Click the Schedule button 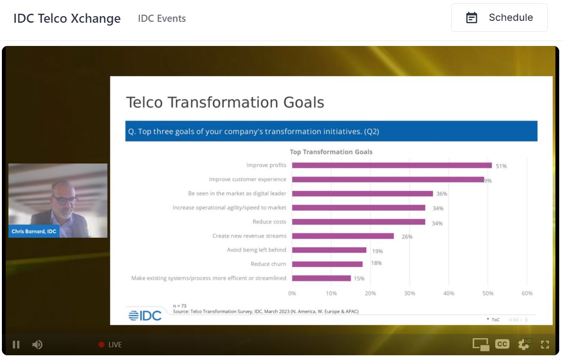tap(499, 18)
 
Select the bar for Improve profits tap(391, 165)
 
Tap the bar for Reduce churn tap(327, 264)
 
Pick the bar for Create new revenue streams tap(343, 236)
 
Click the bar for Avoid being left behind tap(329, 250)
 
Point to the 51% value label tap(501, 166)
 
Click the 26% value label tap(407, 237)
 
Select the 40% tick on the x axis tap(448, 294)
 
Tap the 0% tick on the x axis tap(292, 294)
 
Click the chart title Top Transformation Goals tap(331, 152)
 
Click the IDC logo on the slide tap(145, 315)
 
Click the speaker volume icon tap(37, 344)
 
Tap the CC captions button tap(502, 344)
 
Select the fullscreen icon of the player tap(545, 344)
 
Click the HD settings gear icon tap(524, 344)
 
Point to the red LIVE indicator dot tap(101, 344)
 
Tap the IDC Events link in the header tap(162, 18)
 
